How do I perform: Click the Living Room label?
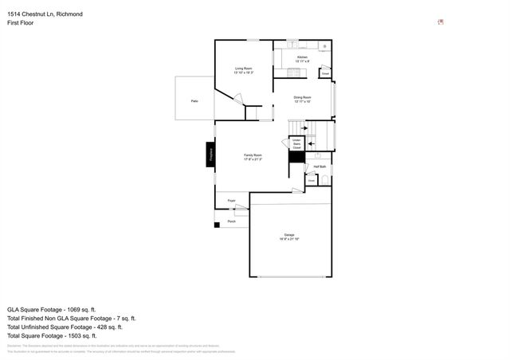(243, 71)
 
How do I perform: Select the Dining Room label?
(302, 99)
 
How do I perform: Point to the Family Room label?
(253, 157)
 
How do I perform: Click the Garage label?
(289, 237)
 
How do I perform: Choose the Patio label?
(194, 101)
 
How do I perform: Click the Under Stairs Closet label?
(296, 145)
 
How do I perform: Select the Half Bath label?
(320, 166)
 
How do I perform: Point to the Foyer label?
(231, 201)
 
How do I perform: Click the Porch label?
(231, 221)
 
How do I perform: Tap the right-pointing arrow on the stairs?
(304, 127)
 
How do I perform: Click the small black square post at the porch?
(216, 225)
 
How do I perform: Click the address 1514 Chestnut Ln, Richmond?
(45, 14)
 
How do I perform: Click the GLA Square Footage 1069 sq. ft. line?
(51, 309)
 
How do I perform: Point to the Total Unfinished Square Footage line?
(64, 327)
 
